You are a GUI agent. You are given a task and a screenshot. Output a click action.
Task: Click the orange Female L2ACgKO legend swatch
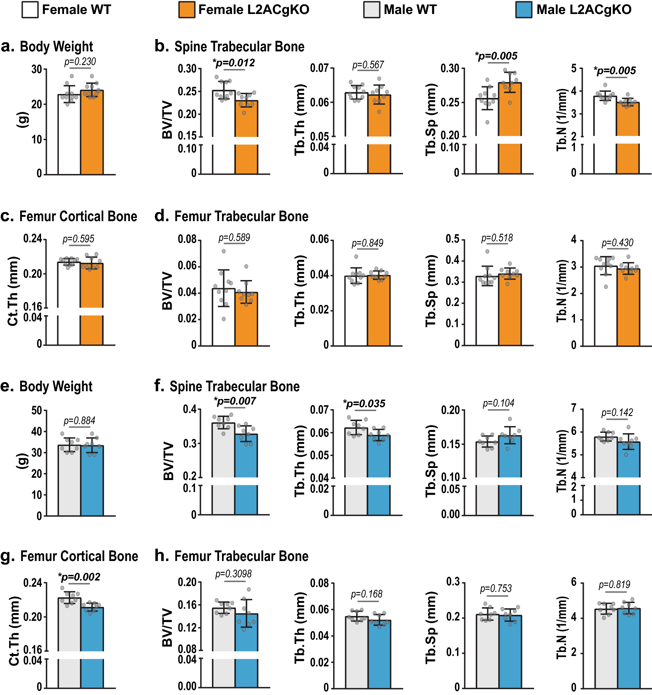[187, 10]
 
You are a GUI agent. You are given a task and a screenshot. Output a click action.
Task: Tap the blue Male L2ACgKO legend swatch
[524, 10]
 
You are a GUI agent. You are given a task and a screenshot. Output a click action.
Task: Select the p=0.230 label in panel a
[80, 61]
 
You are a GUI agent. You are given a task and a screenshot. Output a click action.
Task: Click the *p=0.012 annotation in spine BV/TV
[233, 63]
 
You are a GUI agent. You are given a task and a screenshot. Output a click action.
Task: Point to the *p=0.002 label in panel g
[79, 577]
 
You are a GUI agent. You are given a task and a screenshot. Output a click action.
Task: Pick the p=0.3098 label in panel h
[233, 574]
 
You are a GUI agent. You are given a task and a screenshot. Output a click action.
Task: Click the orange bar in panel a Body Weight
[92, 133]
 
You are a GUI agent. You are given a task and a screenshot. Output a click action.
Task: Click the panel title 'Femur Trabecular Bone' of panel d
[241, 216]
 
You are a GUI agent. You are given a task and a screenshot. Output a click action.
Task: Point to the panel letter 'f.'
[159, 386]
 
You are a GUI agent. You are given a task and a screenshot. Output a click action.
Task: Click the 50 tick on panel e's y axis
[37, 410]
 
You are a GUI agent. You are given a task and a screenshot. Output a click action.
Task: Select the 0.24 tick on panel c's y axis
[33, 239]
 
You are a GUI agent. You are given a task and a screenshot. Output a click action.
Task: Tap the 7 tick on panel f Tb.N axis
[574, 408]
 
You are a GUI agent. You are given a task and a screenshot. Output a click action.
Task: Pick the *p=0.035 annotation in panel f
[364, 404]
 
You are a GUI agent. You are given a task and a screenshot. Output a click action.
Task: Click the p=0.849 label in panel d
[367, 243]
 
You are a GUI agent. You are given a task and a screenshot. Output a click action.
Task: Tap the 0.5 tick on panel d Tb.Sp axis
[452, 239]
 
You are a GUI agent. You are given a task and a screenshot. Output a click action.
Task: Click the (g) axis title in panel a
[23, 120]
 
